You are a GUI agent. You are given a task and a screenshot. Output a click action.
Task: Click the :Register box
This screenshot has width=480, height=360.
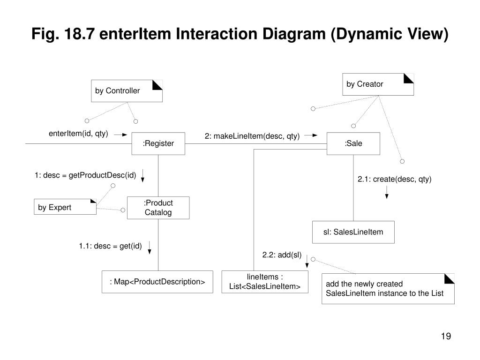(158, 143)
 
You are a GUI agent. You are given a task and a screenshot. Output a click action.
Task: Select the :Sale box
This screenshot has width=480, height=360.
(353, 143)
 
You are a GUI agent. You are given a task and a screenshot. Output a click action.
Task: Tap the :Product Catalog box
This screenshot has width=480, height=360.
(158, 208)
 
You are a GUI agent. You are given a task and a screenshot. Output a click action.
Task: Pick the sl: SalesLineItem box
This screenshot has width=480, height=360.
(353, 232)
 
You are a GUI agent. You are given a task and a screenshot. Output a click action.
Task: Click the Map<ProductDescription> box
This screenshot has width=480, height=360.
(157, 282)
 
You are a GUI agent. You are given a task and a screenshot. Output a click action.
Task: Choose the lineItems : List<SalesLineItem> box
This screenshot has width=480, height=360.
(265, 282)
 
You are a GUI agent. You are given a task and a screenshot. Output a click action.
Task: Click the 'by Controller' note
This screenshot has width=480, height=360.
(127, 91)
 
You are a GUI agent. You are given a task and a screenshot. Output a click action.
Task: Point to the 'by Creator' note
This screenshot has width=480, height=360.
(378, 84)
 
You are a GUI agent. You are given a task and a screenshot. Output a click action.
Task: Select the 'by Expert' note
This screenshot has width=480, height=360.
(65, 207)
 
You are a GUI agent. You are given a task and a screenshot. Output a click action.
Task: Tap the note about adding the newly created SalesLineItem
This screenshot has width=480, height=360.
(388, 289)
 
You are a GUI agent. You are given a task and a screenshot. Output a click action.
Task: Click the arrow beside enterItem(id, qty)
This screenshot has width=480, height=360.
(120, 135)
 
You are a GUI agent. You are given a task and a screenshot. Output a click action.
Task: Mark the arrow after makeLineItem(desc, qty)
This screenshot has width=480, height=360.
(311, 135)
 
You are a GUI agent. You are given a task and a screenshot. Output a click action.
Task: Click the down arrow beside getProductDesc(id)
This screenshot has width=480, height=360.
(142, 176)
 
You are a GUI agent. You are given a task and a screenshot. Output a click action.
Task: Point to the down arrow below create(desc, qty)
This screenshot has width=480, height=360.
(387, 192)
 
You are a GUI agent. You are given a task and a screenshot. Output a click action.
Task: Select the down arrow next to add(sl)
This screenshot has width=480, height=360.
(307, 261)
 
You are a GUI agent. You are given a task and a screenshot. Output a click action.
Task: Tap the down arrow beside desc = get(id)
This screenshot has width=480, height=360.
(150, 247)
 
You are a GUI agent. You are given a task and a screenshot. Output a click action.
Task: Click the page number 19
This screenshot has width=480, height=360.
(446, 336)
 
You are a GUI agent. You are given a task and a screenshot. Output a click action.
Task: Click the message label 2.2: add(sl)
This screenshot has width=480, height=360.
(282, 255)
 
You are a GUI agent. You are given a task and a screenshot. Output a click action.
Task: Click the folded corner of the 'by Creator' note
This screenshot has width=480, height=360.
(409, 78)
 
